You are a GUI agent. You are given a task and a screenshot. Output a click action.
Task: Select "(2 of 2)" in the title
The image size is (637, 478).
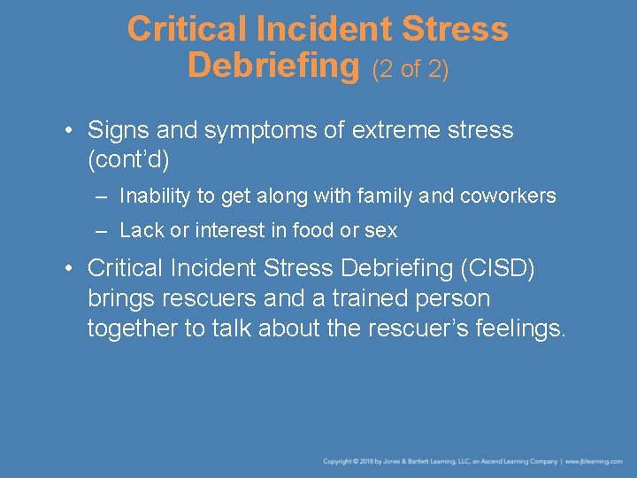411,69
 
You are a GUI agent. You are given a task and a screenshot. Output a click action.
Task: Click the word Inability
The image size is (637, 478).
153,196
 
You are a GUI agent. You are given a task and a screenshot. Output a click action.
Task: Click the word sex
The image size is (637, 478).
382,230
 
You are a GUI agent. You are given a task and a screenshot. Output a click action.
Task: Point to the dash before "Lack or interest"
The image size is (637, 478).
103,230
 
